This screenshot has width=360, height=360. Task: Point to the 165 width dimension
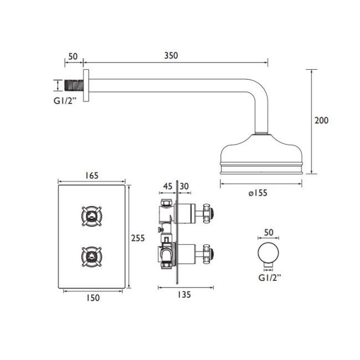(x=92, y=176)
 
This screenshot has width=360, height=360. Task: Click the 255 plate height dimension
(x=138, y=238)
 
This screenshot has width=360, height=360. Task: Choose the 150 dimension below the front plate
(x=93, y=298)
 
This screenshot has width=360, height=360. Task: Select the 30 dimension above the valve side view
(x=184, y=187)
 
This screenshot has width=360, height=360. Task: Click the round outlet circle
(x=269, y=255)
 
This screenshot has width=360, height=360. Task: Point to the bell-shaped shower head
(x=261, y=157)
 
